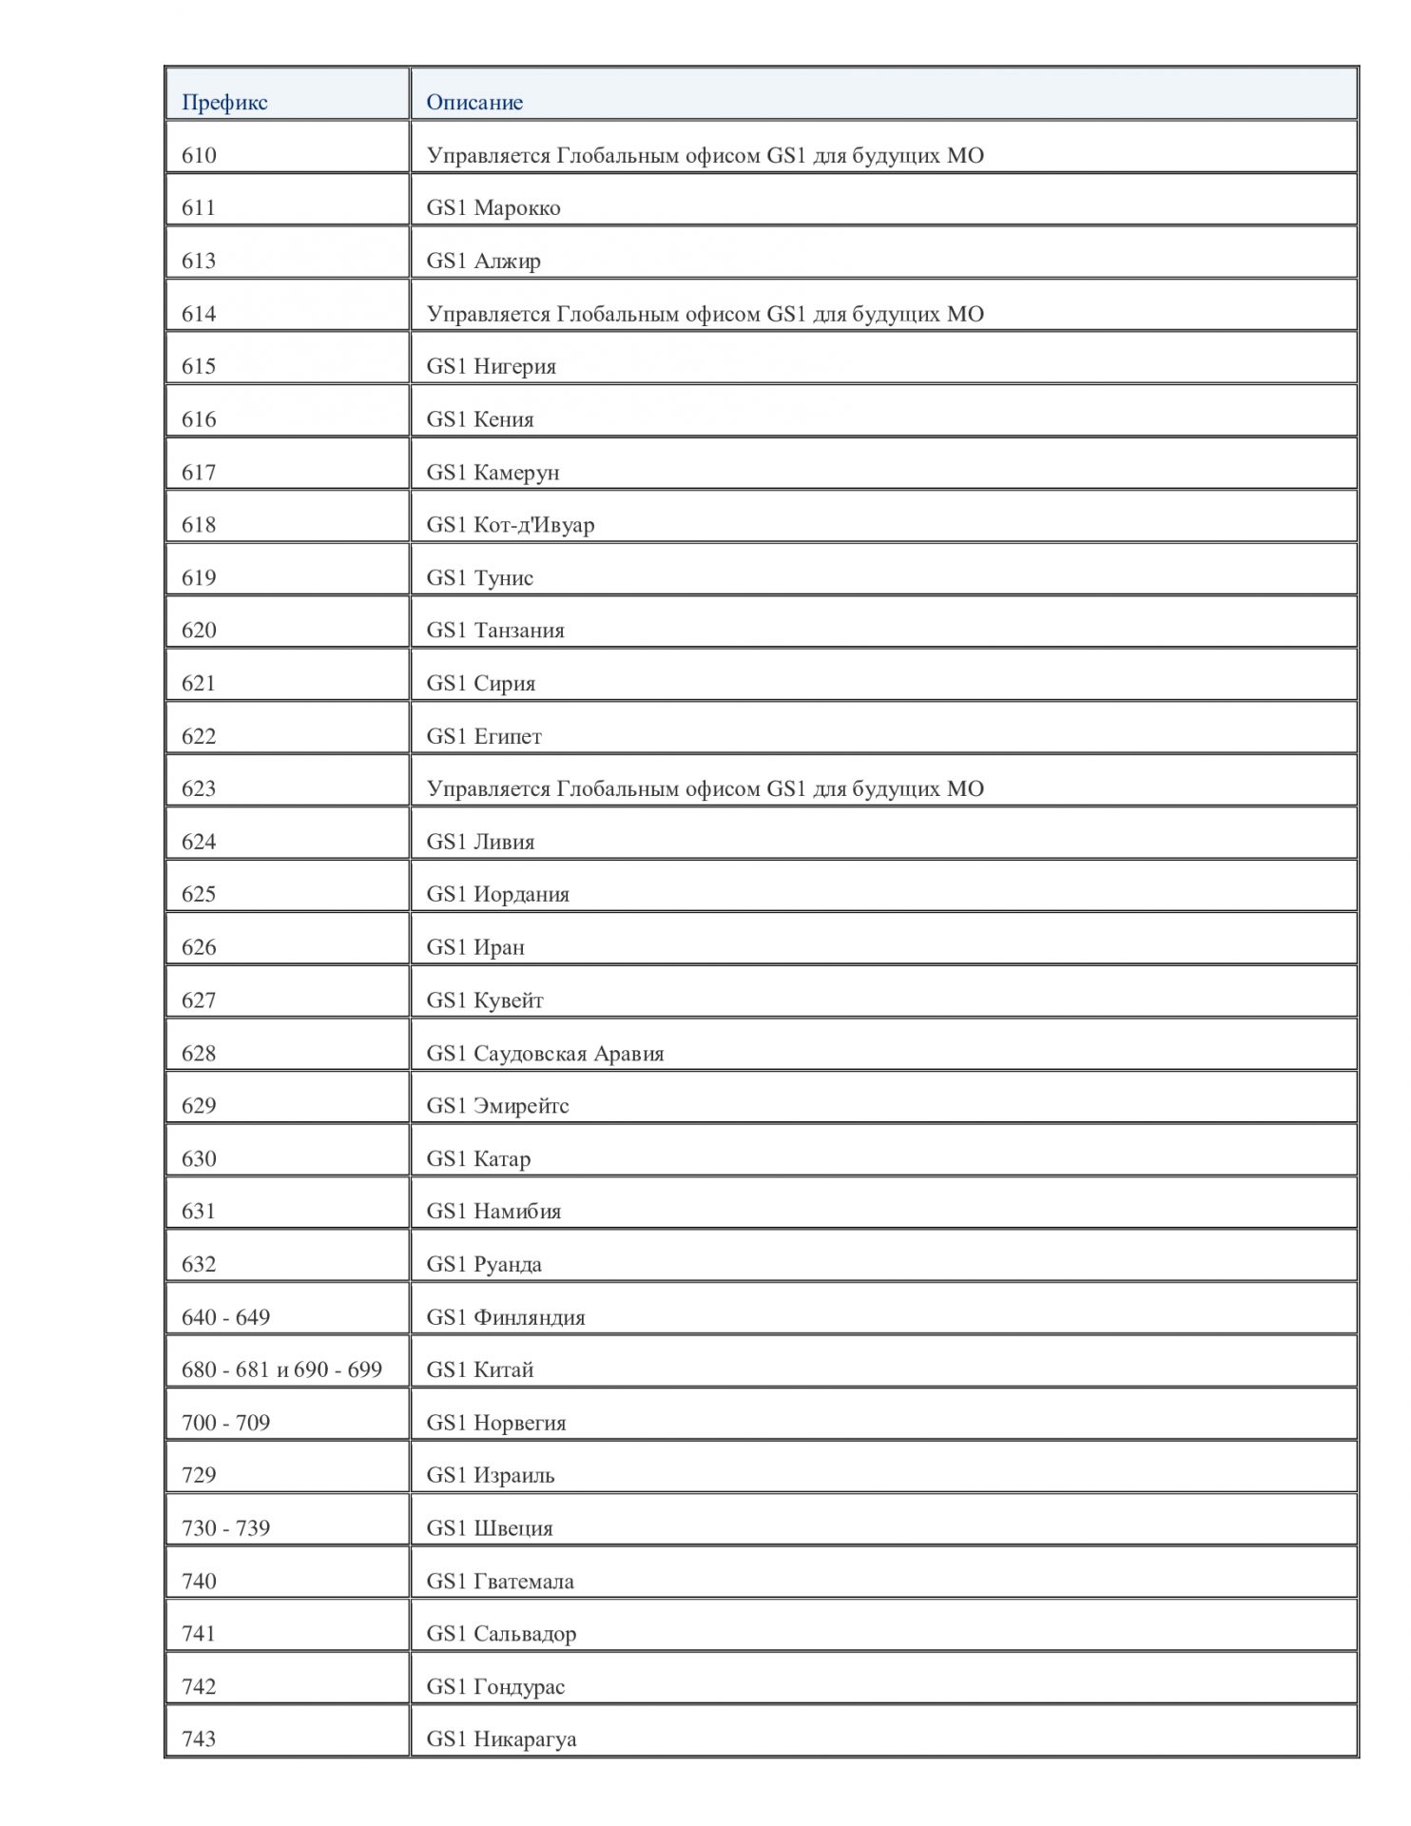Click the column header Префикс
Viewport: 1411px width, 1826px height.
point(224,103)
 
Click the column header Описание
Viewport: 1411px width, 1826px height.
point(474,103)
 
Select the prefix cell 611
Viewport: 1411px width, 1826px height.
point(199,208)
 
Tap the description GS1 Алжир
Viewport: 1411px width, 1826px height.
point(484,261)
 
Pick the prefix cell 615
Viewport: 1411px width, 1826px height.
point(199,366)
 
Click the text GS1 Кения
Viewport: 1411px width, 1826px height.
point(480,419)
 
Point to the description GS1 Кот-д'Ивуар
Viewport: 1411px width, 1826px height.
point(511,525)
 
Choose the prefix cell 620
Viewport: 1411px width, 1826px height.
point(199,631)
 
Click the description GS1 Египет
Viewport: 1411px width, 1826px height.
point(484,736)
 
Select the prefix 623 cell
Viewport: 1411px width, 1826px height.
point(199,788)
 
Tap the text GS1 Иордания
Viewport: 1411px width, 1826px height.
point(498,894)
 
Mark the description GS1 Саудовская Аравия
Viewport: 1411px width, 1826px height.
point(545,1053)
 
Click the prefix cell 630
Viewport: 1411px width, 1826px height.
point(199,1158)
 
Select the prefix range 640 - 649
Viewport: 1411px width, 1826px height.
point(225,1317)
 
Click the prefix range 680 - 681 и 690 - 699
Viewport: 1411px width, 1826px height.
point(281,1369)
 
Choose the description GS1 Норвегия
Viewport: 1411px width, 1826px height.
point(496,1423)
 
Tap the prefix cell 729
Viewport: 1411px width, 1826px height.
point(199,1475)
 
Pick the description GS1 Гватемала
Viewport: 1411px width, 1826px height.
point(500,1581)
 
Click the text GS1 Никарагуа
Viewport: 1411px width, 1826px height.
point(501,1739)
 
